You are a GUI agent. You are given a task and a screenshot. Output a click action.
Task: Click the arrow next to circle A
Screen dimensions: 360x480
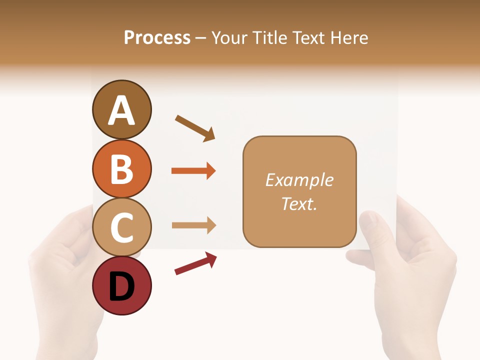(195, 128)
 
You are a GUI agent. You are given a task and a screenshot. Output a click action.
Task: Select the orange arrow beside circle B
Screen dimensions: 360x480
(193, 171)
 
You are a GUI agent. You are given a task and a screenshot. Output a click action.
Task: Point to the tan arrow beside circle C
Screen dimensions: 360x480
(193, 225)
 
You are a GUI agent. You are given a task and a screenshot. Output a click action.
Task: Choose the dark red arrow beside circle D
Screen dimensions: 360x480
(195, 263)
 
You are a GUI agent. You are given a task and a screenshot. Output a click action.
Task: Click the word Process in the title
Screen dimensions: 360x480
(157, 37)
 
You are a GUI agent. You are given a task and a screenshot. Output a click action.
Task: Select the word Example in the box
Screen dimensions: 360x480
(299, 180)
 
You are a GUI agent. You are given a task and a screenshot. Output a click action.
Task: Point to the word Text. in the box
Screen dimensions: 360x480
(299, 203)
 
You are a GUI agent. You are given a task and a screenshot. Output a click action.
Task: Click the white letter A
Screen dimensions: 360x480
(122, 111)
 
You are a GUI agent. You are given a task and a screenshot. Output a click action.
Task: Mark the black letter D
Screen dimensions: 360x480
(122, 287)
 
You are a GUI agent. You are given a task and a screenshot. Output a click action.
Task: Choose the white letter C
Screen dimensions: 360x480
(122, 228)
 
